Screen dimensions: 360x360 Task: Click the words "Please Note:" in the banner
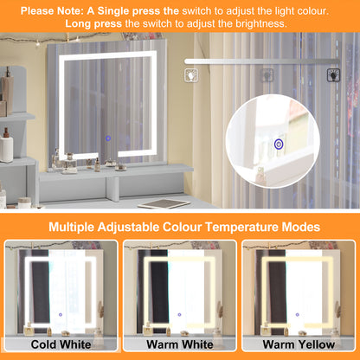click(52, 11)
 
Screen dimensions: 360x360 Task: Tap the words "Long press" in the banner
click(93, 23)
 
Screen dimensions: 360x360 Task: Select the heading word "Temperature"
click(240, 227)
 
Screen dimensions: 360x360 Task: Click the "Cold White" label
click(61, 344)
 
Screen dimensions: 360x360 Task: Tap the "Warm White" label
click(180, 344)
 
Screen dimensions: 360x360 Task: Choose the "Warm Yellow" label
click(299, 344)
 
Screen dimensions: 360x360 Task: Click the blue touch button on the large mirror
click(108, 138)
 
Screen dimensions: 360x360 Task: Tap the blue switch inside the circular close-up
click(279, 144)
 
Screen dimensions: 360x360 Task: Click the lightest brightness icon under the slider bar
click(191, 75)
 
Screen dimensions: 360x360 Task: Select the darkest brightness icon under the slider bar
click(333, 75)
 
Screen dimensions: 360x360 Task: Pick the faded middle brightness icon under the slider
click(267, 75)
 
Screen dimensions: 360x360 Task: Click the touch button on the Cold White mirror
click(61, 315)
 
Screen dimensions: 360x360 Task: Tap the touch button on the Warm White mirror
click(179, 315)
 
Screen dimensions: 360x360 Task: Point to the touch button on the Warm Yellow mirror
click(298, 315)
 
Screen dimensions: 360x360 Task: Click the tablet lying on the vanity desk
click(164, 203)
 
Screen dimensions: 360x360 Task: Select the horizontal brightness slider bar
click(262, 61)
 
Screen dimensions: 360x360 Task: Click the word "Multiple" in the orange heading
click(71, 227)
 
